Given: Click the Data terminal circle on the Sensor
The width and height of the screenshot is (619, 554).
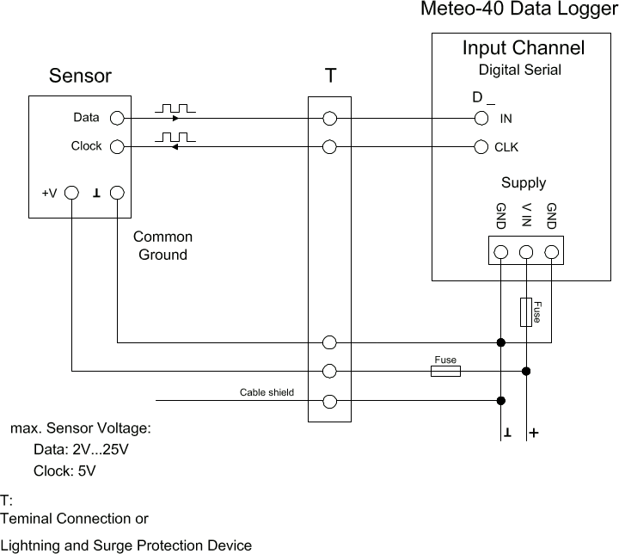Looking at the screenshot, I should pyautogui.click(x=118, y=118).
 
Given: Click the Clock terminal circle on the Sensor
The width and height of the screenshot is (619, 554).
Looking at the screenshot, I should pyautogui.click(x=118, y=147).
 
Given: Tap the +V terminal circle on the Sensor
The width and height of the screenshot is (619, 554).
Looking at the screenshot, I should pyautogui.click(x=72, y=194).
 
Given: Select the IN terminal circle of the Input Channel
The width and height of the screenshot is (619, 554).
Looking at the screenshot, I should pyautogui.click(x=482, y=118).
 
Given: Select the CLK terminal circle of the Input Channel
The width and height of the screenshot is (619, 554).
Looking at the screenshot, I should pyautogui.click(x=482, y=147).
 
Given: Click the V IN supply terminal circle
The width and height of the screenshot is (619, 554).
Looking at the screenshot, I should pyautogui.click(x=526, y=252).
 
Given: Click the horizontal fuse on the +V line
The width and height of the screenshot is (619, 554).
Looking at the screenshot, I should pyautogui.click(x=445, y=371).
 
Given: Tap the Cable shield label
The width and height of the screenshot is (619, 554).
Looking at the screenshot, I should pyautogui.click(x=267, y=392).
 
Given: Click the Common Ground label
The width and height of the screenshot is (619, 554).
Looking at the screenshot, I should pyautogui.click(x=162, y=245).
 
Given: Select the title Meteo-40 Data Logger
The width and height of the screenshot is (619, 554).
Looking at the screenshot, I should pyautogui.click(x=518, y=10).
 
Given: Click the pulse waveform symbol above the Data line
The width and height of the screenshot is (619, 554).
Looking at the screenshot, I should pyautogui.click(x=176, y=108).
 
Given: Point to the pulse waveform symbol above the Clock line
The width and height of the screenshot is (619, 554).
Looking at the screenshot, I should pyautogui.click(x=176, y=137).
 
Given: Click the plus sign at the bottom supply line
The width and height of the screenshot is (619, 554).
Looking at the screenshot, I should pyautogui.click(x=535, y=433).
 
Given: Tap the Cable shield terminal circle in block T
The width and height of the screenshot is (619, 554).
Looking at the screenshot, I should pyautogui.click(x=329, y=400).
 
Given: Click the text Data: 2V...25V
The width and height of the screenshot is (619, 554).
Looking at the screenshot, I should pyautogui.click(x=81, y=450).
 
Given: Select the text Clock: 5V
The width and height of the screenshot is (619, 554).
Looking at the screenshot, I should pyautogui.click(x=64, y=471).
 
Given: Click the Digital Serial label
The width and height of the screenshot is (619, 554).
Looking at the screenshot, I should pyautogui.click(x=519, y=70).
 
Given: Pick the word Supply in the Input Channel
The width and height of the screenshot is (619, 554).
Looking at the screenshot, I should pyautogui.click(x=524, y=182).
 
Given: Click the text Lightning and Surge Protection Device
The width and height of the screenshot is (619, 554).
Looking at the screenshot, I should pyautogui.click(x=126, y=545).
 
